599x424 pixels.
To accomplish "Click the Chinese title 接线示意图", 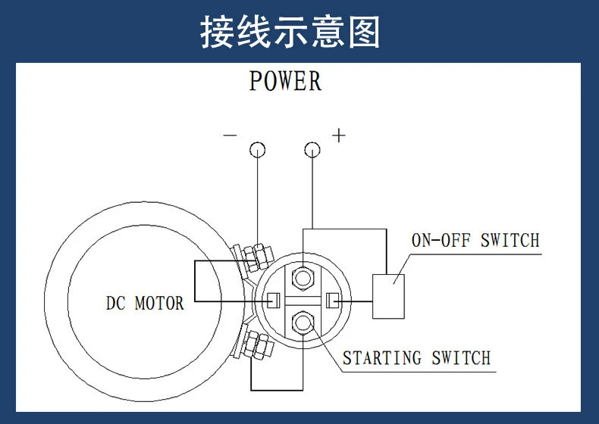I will click(290, 33).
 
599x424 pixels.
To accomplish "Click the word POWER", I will click(285, 81).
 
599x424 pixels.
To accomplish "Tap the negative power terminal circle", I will click(258, 149).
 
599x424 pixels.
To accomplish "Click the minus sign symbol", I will click(230, 136).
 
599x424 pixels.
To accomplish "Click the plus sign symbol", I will click(339, 136).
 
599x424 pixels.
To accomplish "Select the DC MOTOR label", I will click(144, 304).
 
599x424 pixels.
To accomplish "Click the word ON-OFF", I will click(441, 241).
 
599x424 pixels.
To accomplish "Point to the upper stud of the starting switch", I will click(304, 278).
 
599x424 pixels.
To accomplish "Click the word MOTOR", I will click(159, 304).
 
